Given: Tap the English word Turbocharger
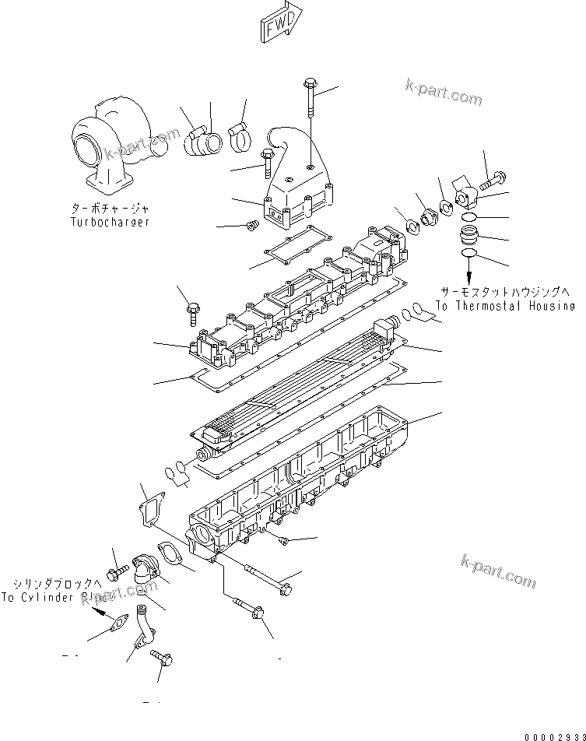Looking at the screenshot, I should pos(106,222).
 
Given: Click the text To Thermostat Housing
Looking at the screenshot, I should pos(505,307).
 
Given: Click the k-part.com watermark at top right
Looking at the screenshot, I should pos(443,93).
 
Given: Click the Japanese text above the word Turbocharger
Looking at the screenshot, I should pos(107,209).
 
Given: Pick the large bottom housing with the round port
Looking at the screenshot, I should pos(304,483).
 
